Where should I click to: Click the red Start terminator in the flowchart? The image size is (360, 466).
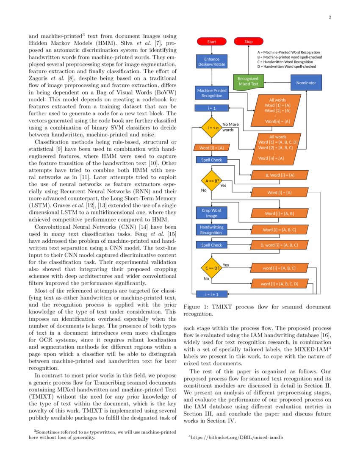[x=211, y=42]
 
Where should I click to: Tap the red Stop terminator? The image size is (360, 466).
[x=249, y=42]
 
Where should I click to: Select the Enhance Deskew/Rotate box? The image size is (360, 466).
[x=212, y=62]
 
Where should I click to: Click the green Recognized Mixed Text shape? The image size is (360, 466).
[x=248, y=81]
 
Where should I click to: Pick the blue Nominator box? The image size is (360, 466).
[x=306, y=83]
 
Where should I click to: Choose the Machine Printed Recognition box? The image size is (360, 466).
[x=212, y=93]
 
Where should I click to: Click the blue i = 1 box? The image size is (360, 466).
[x=211, y=108]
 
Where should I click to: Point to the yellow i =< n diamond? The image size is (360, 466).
[x=211, y=128]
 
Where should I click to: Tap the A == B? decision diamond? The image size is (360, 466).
[x=211, y=181]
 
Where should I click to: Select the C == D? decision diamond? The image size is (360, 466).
[x=211, y=268]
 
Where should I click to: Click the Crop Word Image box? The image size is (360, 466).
[x=211, y=213]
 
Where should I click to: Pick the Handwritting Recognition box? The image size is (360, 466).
[x=211, y=230]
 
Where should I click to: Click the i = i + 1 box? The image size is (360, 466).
[x=211, y=294]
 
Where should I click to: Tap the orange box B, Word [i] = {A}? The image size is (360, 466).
[x=280, y=175]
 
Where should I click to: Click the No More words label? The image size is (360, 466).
[x=230, y=127]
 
